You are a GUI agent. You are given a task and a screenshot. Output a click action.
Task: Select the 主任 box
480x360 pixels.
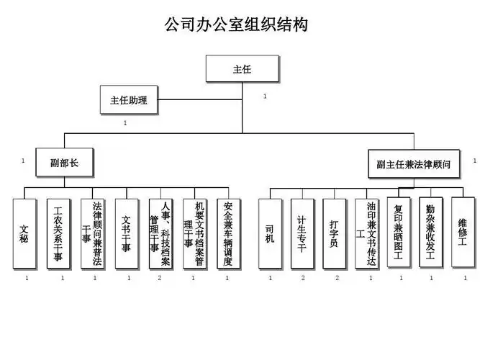(x=242, y=70)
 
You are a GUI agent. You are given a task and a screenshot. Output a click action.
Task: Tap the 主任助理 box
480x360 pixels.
(x=129, y=100)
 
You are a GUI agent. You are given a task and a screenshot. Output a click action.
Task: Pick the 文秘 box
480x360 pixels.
(x=24, y=233)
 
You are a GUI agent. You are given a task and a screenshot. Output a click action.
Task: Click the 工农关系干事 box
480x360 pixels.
(x=58, y=233)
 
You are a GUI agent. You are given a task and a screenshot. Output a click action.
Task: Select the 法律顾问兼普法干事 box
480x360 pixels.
(x=93, y=233)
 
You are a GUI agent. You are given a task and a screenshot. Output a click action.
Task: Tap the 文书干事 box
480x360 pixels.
(x=127, y=233)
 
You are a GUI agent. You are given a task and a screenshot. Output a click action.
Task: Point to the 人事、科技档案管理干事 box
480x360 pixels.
(x=161, y=233)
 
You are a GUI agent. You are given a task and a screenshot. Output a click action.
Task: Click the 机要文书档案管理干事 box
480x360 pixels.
(x=195, y=233)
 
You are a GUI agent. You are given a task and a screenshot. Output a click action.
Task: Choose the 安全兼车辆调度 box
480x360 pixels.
(x=230, y=233)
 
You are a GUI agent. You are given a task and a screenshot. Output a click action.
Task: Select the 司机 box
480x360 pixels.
(x=270, y=233)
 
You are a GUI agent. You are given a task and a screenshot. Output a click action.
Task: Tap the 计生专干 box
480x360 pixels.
(x=302, y=233)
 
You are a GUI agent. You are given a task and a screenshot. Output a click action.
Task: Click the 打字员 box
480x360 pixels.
(x=335, y=233)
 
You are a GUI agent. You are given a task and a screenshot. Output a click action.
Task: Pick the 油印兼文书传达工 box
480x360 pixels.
(x=368, y=233)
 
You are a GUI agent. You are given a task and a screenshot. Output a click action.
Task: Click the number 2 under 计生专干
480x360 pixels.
(x=303, y=277)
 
